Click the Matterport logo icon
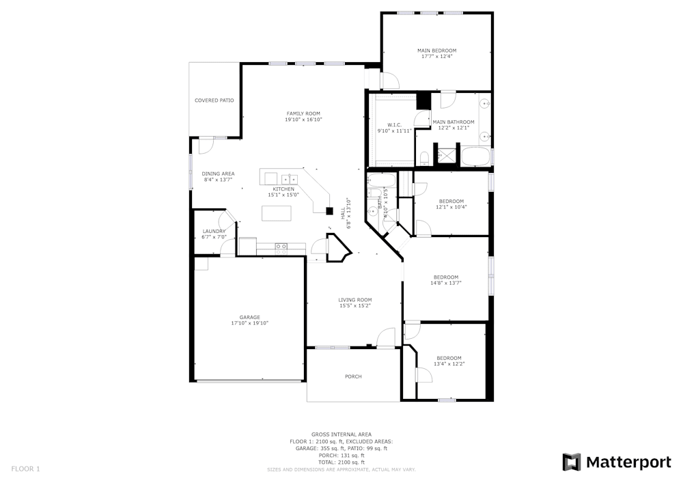[572, 463]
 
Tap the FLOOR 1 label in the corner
[26, 469]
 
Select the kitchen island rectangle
[276, 214]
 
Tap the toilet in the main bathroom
[424, 158]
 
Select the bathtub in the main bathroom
[475, 156]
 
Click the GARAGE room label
[249, 317]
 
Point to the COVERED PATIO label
[214, 100]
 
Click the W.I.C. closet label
[394, 124]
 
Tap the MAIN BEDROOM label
[436, 51]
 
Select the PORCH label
[353, 376]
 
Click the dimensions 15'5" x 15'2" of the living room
[355, 305]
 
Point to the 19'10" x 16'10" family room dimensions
[303, 120]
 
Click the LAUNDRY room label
[214, 231]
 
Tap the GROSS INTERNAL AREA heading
[341, 434]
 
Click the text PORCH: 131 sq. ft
[341, 455]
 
